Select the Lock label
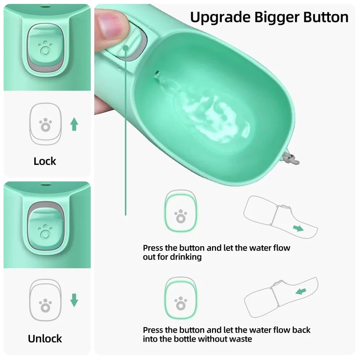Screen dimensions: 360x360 (x=45, y=161)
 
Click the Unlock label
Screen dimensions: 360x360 (x=45, y=339)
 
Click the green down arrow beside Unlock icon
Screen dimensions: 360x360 (x=74, y=300)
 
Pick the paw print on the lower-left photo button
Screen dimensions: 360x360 (x=45, y=231)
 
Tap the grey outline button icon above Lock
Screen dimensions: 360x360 (x=45, y=124)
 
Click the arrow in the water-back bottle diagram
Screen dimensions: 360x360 (x=300, y=291)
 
